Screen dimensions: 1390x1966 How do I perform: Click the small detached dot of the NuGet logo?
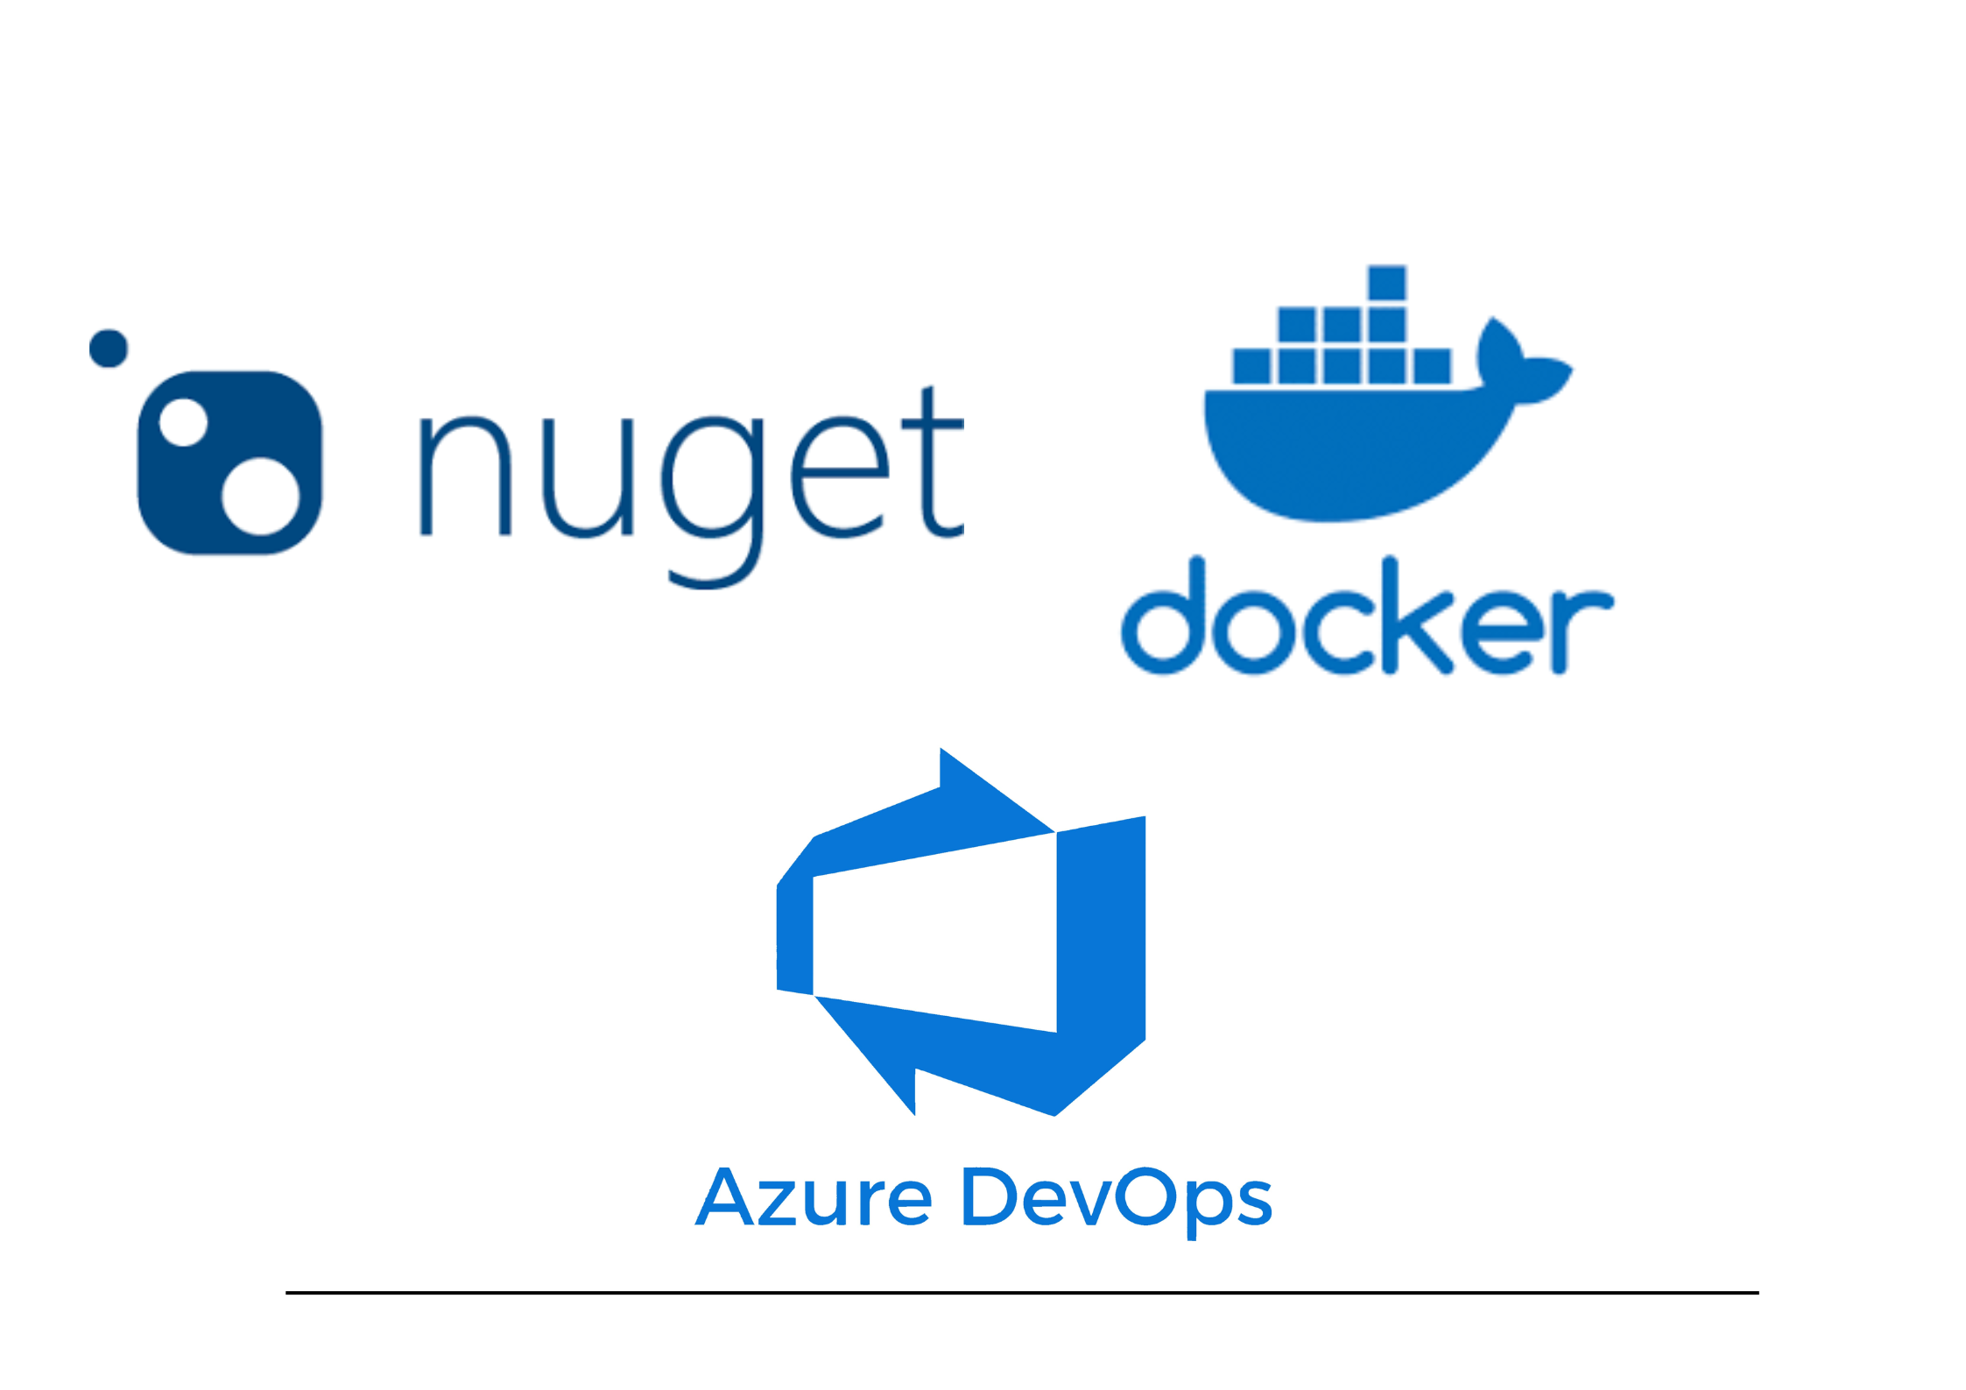coord(109,349)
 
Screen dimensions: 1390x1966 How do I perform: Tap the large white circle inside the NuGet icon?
coord(260,496)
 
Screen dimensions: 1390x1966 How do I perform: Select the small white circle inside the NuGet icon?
coord(183,422)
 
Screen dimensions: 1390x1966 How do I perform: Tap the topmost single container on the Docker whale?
coord(1387,283)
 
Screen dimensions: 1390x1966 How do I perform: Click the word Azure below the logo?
coord(814,1198)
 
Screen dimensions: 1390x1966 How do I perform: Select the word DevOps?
coord(1117,1198)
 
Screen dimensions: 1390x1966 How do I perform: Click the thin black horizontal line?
coord(1022,1292)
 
